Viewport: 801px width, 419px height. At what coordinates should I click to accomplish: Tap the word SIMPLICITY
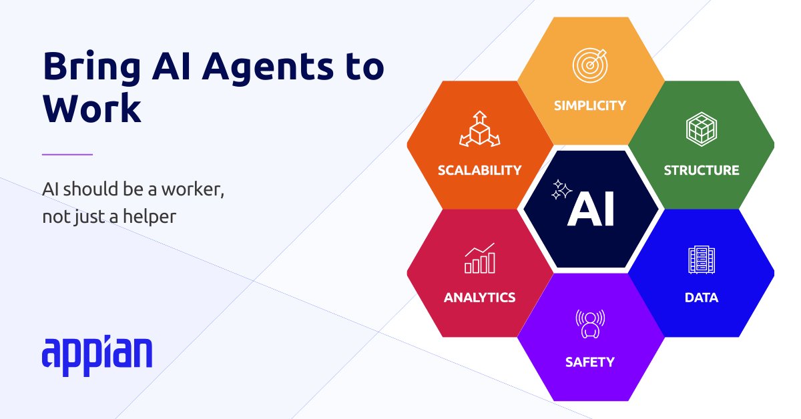pos(590,105)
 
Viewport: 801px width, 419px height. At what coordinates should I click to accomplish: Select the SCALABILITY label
pos(479,170)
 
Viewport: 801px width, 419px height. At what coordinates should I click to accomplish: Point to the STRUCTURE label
pos(701,170)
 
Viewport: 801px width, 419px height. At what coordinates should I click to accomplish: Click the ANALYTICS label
pos(479,298)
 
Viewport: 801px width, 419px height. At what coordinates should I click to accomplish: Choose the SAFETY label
pos(589,362)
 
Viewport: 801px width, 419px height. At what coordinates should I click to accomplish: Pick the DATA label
pos(702,298)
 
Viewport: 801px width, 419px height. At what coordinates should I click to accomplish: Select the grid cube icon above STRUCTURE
pos(701,129)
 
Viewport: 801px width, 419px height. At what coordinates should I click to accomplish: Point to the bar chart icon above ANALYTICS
pos(479,258)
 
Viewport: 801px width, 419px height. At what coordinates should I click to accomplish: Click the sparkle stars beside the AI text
pos(561,190)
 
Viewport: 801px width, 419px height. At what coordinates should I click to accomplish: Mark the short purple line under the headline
pos(67,155)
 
